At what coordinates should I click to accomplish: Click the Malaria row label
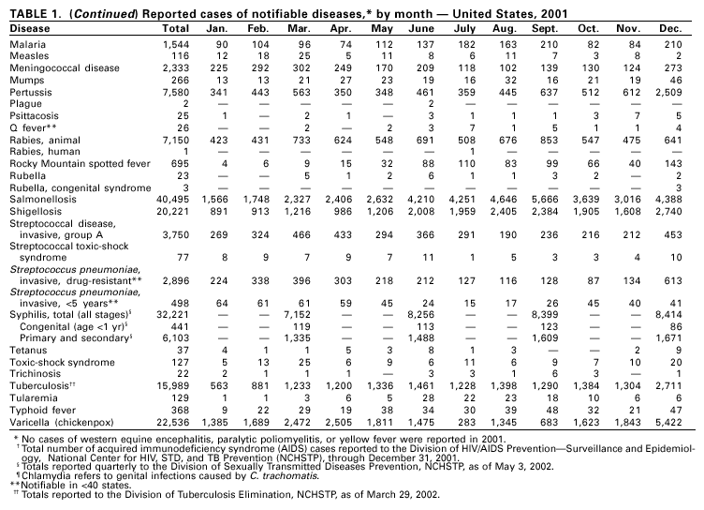point(29,43)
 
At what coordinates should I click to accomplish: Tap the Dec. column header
point(681,29)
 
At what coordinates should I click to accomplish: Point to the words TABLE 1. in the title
point(34,10)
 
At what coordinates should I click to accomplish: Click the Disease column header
point(32,29)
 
